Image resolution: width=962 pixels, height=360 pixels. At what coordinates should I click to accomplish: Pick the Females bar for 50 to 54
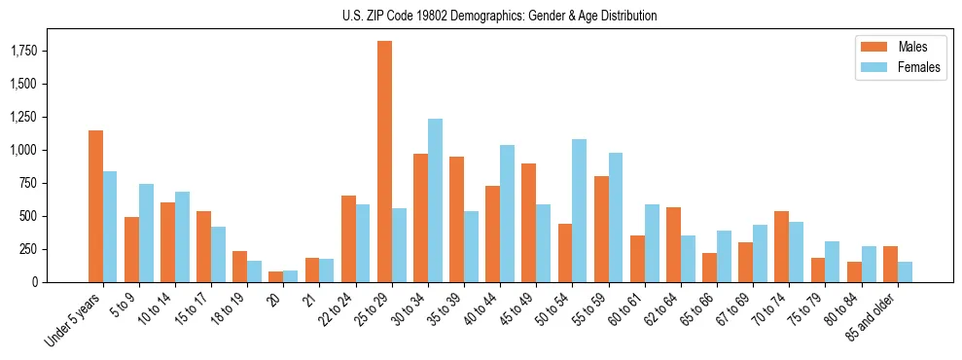(x=580, y=210)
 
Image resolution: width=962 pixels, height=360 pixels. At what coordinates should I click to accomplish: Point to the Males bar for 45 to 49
(x=529, y=223)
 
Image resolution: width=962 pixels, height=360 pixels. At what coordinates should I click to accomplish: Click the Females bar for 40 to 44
(x=507, y=213)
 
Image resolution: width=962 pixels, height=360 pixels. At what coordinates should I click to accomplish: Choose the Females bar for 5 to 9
(x=146, y=233)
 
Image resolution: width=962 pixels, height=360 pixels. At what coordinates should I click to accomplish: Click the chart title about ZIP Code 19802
(x=499, y=16)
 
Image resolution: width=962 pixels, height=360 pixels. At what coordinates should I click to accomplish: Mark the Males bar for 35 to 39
(x=457, y=219)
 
